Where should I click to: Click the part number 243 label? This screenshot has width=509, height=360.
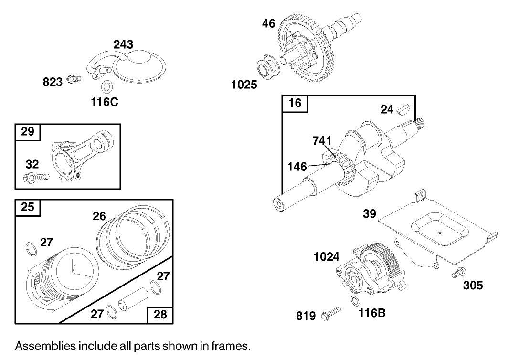pos(123,44)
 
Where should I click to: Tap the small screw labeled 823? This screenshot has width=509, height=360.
pos(73,79)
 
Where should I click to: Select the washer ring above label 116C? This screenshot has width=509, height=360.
pos(106,87)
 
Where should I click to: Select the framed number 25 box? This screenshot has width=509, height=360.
pos(28,208)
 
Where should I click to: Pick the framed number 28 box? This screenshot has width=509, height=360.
pos(160,315)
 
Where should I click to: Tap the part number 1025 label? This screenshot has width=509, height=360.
pos(244,85)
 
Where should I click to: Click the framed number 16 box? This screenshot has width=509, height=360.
pos(295,104)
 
